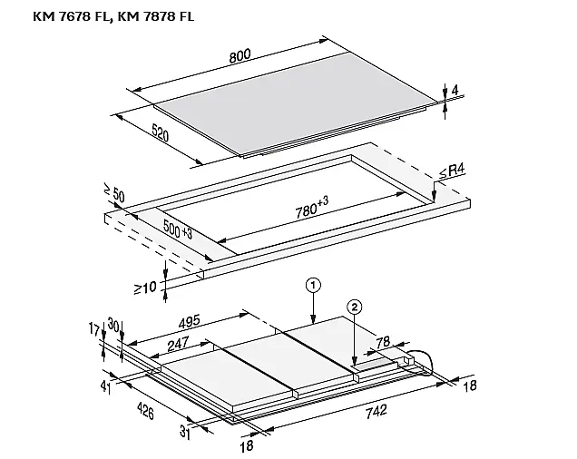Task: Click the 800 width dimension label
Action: [240, 55]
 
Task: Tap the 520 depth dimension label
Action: [160, 132]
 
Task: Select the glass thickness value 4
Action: [455, 90]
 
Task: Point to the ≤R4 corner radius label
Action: [452, 171]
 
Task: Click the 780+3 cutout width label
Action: [312, 207]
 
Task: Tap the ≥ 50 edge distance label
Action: [114, 193]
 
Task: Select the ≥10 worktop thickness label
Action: [145, 288]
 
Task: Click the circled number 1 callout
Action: [313, 285]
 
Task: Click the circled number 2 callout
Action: [355, 307]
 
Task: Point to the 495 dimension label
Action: [189, 321]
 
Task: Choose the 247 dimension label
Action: [178, 344]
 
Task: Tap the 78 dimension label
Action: [383, 342]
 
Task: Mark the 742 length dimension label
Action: [377, 411]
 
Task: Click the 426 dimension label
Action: [145, 410]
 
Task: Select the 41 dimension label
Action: [105, 387]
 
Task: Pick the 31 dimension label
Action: [185, 433]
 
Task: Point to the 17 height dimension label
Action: [93, 329]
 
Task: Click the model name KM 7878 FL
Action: [155, 16]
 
